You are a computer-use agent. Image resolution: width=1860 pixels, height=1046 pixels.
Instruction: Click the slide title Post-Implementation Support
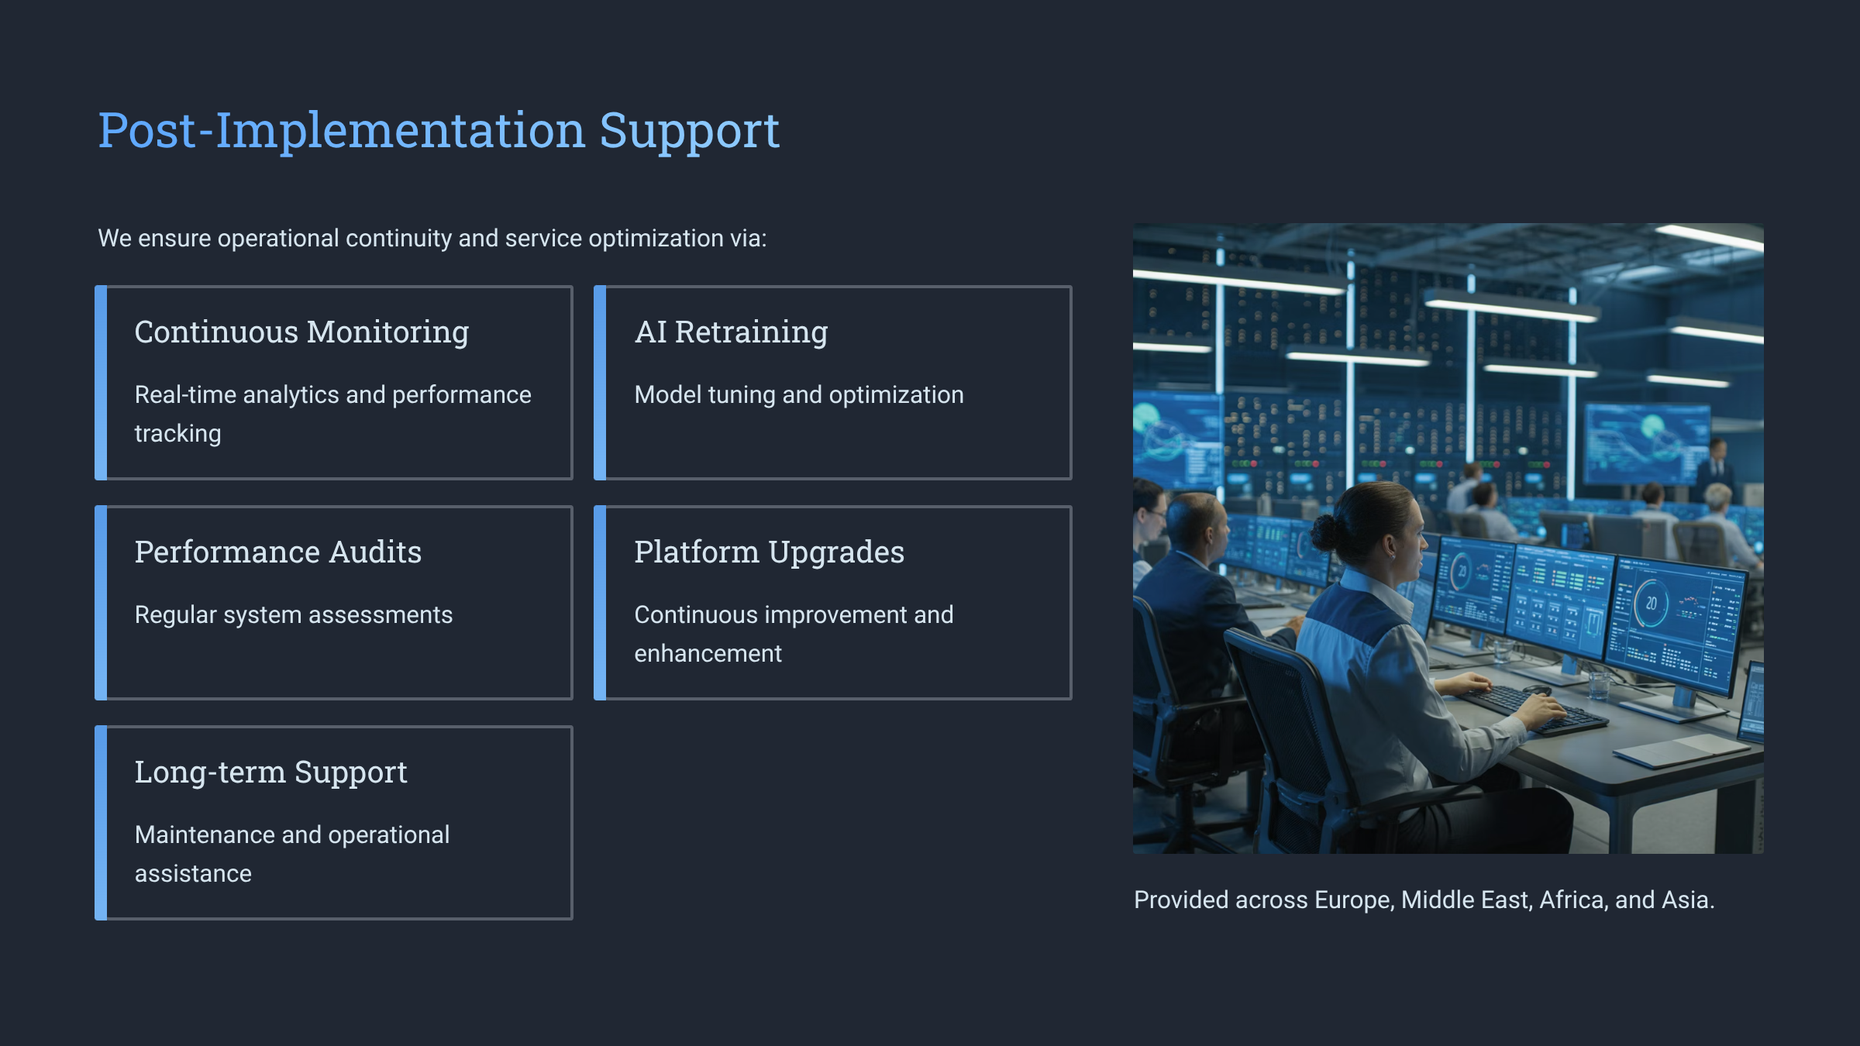(439, 130)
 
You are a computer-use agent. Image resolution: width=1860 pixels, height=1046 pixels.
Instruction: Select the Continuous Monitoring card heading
(301, 332)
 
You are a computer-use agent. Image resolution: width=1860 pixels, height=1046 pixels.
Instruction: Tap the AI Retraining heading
(731, 332)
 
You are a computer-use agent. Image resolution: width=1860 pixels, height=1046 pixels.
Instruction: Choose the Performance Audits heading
(278, 552)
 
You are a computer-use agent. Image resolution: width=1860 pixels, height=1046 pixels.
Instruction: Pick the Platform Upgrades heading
(769, 552)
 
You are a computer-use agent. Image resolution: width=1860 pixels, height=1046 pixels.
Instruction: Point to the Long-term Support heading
(270, 772)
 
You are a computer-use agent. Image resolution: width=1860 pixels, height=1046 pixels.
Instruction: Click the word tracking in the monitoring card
(177, 434)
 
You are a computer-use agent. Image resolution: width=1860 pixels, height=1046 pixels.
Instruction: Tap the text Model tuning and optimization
(799, 395)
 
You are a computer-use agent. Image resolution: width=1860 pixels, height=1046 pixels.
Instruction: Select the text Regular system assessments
(294, 615)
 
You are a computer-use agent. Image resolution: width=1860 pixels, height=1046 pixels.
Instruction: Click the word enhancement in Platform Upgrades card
(708, 654)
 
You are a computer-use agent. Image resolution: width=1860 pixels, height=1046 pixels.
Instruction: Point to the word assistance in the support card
(193, 874)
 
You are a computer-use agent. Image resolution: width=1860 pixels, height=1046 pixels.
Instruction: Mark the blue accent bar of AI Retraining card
(600, 383)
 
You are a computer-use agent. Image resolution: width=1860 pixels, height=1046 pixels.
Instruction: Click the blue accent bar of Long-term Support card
(101, 823)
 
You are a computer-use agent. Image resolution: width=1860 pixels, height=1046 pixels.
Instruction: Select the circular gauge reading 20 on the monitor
(1650, 604)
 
